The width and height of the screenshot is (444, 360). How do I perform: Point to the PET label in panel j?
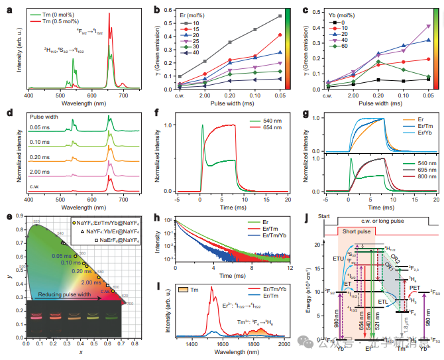[x=417, y=286]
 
